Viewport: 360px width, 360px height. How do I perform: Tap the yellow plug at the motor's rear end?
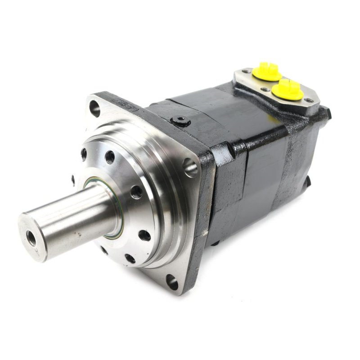[289, 88]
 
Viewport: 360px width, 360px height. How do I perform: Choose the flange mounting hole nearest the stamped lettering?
[95, 108]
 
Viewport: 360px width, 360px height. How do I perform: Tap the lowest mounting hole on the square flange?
[172, 283]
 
